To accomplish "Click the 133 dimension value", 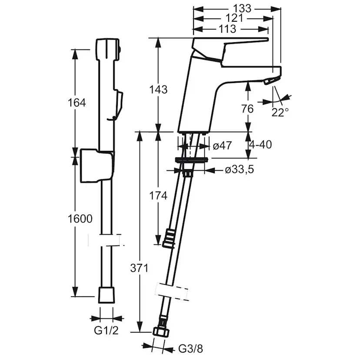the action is point(242,9).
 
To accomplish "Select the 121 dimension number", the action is point(234,18).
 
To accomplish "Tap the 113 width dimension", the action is point(227,29).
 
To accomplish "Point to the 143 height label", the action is point(158,89).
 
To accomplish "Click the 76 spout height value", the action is point(247,109).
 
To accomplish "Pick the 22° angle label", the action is point(280,113).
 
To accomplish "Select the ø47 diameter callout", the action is point(222,146).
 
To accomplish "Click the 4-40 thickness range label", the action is point(260,145).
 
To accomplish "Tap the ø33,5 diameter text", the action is point(240,170).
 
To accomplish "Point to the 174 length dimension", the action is point(158,196).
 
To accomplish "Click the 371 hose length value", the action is point(139,268).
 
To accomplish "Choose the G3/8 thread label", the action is point(191,349).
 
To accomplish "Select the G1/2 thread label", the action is point(106,330).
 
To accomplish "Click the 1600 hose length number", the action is point(80,219).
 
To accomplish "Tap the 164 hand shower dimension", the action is point(77,103).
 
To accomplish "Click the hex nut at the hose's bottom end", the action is point(161,332).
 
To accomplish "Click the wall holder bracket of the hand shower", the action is point(97,166).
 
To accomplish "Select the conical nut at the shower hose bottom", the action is point(107,295).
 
